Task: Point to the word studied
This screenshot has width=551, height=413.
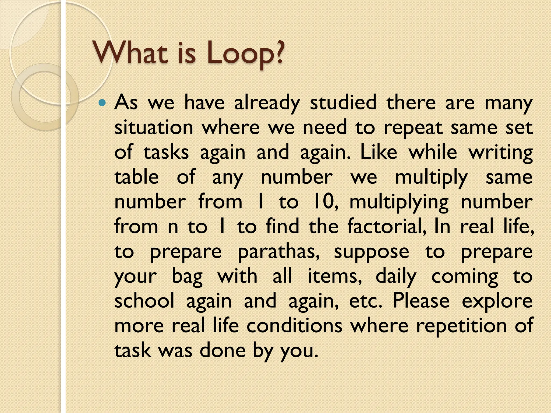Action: point(343,103)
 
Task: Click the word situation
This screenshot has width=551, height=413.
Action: point(154,127)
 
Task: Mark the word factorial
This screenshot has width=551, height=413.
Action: point(387,226)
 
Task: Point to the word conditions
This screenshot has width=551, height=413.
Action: point(294,325)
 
